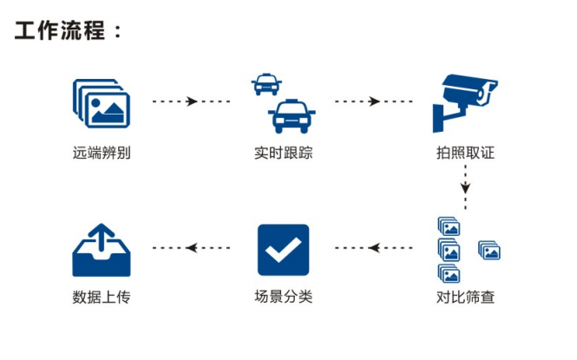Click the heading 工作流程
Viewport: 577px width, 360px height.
pos(69,30)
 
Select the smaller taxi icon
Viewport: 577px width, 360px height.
pos(266,84)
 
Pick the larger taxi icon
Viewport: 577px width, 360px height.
pos(292,116)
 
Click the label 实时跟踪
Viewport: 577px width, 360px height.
pos(284,154)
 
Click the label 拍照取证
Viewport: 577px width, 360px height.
pos(466,154)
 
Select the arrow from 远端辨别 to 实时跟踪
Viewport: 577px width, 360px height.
pos(192,101)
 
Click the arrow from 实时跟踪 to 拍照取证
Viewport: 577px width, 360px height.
pos(374,101)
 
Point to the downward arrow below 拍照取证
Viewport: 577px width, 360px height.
pos(466,187)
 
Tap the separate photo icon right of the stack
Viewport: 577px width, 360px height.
pos(489,252)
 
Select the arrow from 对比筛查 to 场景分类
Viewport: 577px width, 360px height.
pos(374,248)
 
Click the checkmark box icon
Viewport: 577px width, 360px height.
pos(283,250)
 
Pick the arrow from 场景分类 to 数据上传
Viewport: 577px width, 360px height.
pos(192,248)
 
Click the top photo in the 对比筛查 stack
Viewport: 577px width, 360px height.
pos(449,227)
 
